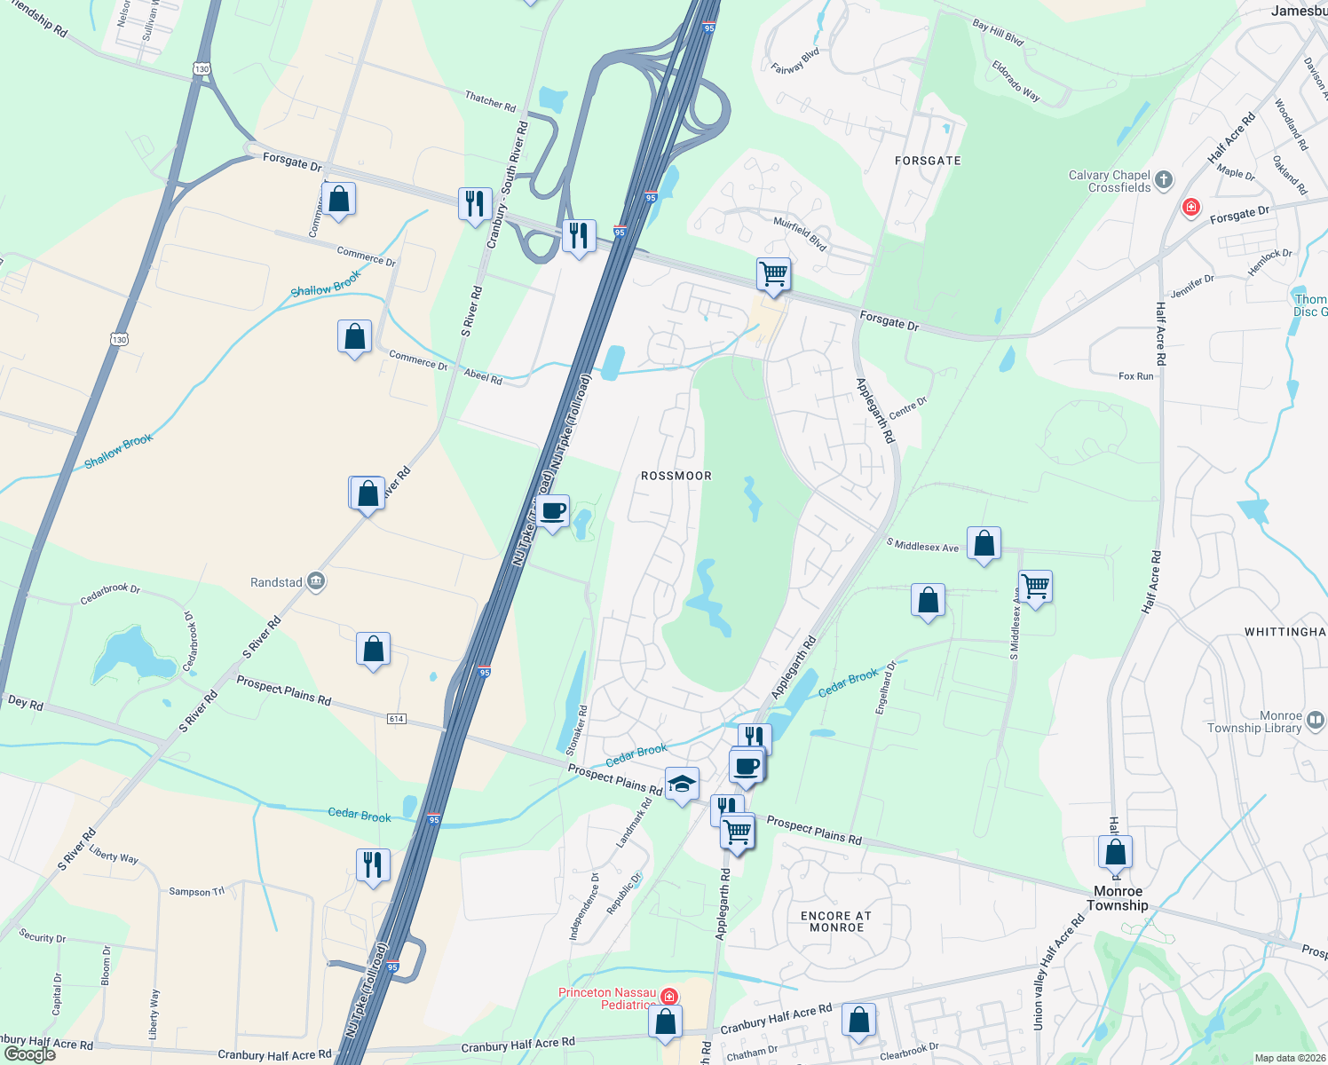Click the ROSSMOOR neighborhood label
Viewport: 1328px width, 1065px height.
click(x=676, y=476)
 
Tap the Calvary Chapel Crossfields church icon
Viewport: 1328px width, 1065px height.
click(x=1164, y=181)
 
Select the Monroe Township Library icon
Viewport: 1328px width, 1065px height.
click(x=1316, y=721)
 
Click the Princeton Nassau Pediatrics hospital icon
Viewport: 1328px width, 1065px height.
click(x=669, y=998)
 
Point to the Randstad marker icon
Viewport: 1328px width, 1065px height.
click(x=316, y=582)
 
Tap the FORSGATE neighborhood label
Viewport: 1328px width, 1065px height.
click(x=928, y=161)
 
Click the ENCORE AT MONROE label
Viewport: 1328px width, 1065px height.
click(x=836, y=921)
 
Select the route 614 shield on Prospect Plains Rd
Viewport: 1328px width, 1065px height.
click(x=396, y=719)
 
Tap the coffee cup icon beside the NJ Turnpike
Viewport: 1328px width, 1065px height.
click(x=552, y=511)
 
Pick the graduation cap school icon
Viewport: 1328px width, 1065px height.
click(x=682, y=784)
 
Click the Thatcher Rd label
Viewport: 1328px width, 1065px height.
click(x=490, y=101)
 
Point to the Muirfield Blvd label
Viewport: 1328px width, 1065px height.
click(x=800, y=233)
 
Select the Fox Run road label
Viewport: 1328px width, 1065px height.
click(x=1135, y=376)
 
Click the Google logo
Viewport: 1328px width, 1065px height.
click(x=30, y=1054)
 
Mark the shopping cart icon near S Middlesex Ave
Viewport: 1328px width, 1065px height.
click(x=1035, y=586)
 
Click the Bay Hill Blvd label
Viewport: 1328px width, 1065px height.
click(x=998, y=34)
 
